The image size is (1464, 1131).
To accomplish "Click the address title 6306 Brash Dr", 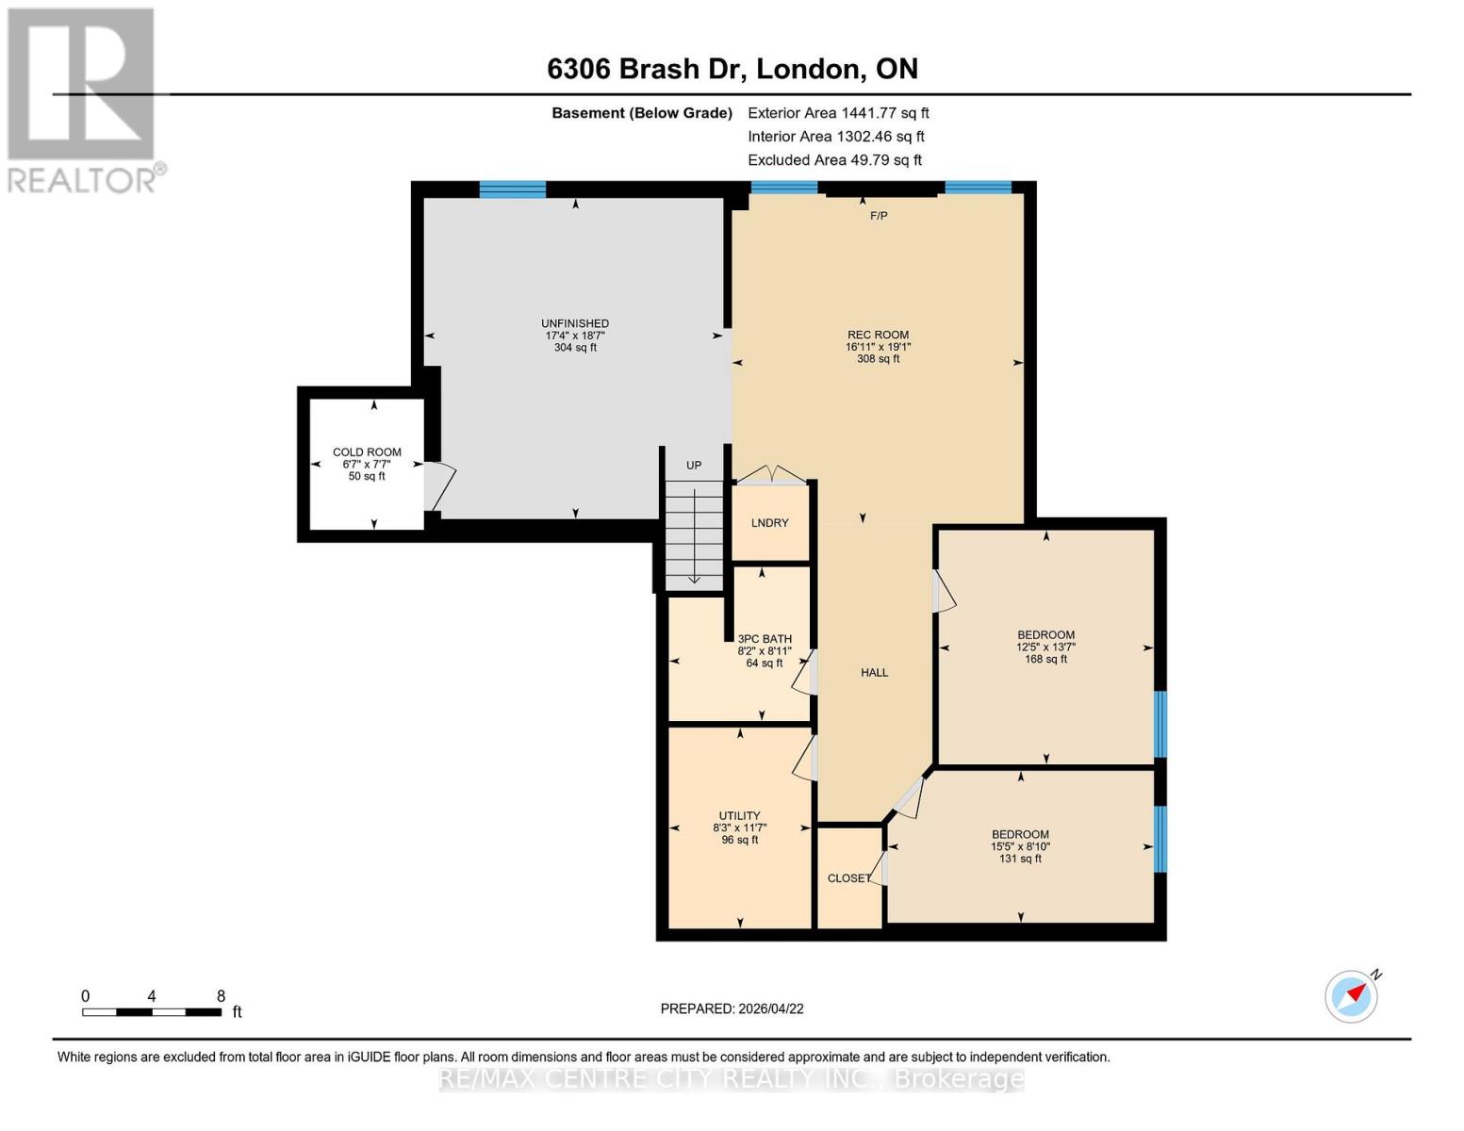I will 732,69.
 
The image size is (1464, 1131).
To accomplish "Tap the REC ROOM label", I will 878,336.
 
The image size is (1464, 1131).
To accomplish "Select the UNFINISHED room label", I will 575,324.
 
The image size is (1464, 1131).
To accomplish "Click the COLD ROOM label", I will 367,453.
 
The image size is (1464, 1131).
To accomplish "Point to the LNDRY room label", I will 769,523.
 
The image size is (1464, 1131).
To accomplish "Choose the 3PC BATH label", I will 765,639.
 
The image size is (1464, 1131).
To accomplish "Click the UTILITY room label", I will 739,816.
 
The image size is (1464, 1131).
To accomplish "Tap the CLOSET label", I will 848,878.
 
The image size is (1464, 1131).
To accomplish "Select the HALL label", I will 874,673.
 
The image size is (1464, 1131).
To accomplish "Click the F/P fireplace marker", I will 878,216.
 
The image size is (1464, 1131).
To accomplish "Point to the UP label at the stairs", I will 694,466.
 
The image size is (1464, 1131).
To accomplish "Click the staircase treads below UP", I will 694,533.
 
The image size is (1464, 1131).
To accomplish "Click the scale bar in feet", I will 152,1012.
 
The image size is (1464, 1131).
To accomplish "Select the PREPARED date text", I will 732,1008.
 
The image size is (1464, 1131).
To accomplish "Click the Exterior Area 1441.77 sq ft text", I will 838,113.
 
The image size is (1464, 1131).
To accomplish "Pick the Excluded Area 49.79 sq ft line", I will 834,160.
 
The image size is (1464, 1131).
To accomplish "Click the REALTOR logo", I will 83,99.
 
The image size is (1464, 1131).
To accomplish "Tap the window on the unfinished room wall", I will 512,189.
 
